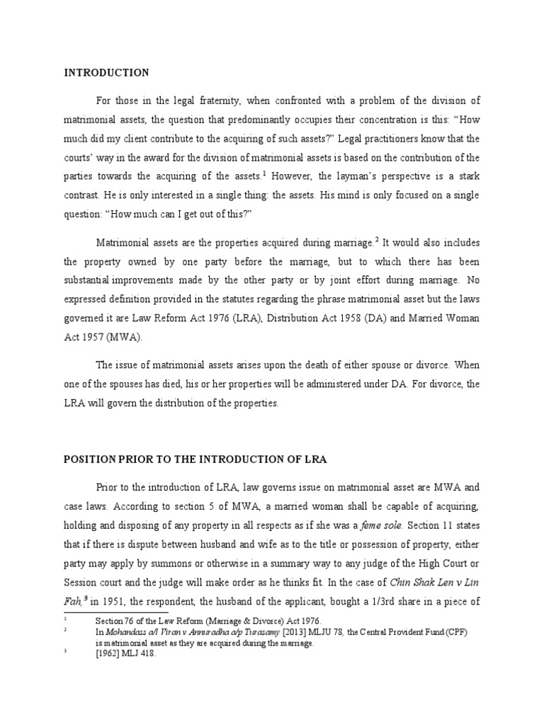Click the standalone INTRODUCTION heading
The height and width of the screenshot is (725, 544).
(107, 73)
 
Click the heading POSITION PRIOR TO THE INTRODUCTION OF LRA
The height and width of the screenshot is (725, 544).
(195, 459)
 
